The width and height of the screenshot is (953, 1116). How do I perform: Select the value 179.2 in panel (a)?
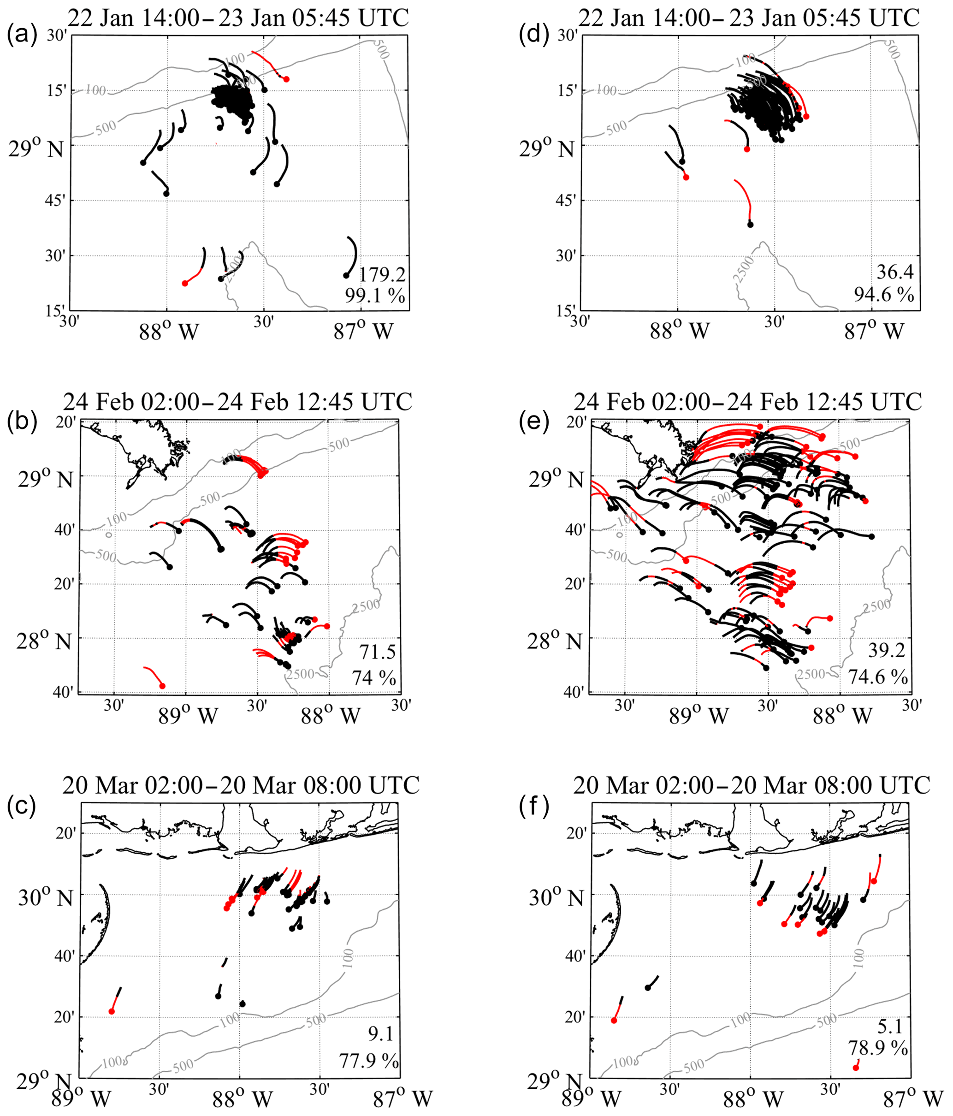pyautogui.click(x=382, y=275)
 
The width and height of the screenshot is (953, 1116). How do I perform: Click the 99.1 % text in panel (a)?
pyautogui.click(x=375, y=296)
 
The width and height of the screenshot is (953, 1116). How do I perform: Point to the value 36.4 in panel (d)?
pyautogui.click(x=895, y=272)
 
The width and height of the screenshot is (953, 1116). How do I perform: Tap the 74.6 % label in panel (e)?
pyautogui.click(x=878, y=677)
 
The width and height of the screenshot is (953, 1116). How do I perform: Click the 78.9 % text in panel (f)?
pyautogui.click(x=878, y=1048)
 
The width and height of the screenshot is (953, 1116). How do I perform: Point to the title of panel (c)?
pyautogui.click(x=241, y=785)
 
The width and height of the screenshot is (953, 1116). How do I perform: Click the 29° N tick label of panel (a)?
pyautogui.click(x=36, y=148)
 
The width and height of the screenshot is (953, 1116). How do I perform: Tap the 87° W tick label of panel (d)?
pyautogui.click(x=873, y=331)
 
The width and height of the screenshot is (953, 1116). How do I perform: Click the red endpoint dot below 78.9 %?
pyautogui.click(x=856, y=1067)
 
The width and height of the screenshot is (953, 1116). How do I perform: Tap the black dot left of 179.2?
pyautogui.click(x=346, y=276)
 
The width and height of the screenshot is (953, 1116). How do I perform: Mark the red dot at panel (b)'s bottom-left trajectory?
pyautogui.click(x=162, y=686)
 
